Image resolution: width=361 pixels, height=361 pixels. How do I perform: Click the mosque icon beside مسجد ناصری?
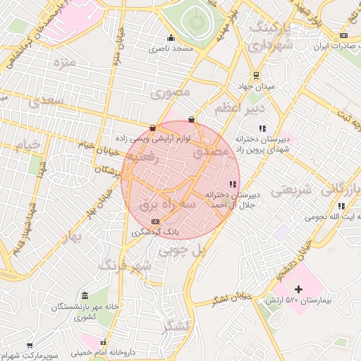pos(170,38)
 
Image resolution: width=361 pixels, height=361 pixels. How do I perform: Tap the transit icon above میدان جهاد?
pos(256,75)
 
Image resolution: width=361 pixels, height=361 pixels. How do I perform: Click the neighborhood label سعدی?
pos(47,102)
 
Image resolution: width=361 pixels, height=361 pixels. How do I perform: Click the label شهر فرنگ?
pos(126,265)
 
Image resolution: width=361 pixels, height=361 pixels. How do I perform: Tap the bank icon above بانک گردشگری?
pos(155,221)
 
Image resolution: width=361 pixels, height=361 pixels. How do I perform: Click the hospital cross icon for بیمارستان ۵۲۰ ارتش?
pos(299,289)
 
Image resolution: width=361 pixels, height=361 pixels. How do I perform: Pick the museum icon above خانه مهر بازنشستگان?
pos(85,295)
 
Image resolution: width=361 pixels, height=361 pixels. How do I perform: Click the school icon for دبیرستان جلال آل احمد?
pos(233,184)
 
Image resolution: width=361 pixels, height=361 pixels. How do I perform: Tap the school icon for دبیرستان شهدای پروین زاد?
pos(262,128)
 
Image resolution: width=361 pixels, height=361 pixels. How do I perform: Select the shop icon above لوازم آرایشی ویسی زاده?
pos(153,128)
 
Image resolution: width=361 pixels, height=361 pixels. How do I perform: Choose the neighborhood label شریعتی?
pos(291,190)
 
